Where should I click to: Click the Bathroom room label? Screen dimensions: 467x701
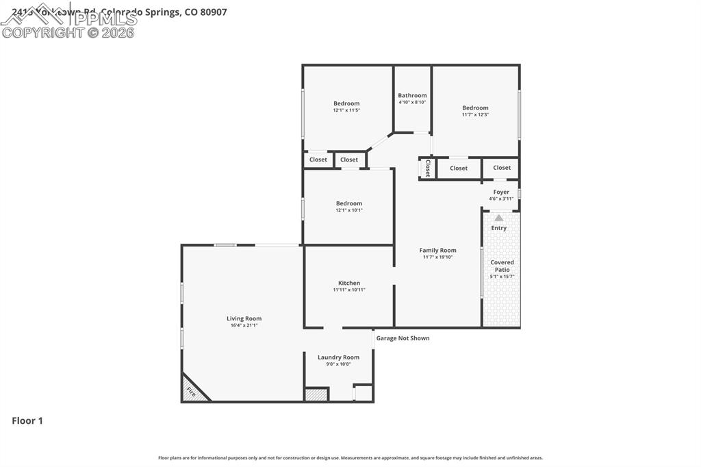pyautogui.click(x=412, y=96)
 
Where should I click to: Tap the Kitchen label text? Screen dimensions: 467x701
pyautogui.click(x=349, y=283)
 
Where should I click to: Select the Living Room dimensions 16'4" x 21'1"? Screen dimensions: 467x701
pyautogui.click(x=244, y=325)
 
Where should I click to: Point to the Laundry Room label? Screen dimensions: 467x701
pyautogui.click(x=338, y=357)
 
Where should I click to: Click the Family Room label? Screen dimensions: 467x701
pyautogui.click(x=437, y=251)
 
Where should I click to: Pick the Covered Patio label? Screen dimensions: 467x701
pyautogui.click(x=502, y=266)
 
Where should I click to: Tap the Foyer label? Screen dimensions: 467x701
pyautogui.click(x=501, y=192)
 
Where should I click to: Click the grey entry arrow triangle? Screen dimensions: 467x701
pyautogui.click(x=499, y=218)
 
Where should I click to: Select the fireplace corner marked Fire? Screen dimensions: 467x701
pyautogui.click(x=191, y=392)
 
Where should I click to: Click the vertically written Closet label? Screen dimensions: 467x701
pyautogui.click(x=428, y=168)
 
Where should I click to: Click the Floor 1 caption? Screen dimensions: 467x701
pyautogui.click(x=27, y=421)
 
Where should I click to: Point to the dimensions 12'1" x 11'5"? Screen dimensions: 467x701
pyautogui.click(x=346, y=110)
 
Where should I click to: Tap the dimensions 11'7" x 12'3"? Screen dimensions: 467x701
pyautogui.click(x=475, y=115)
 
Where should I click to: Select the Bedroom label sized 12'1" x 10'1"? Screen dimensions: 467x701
pyautogui.click(x=349, y=203)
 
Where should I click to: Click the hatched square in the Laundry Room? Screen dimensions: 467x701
pyautogui.click(x=316, y=395)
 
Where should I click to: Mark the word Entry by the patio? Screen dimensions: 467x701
pyautogui.click(x=499, y=228)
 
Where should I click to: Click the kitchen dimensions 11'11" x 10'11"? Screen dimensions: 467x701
pyautogui.click(x=349, y=290)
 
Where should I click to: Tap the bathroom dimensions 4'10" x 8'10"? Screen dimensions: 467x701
pyautogui.click(x=412, y=103)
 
